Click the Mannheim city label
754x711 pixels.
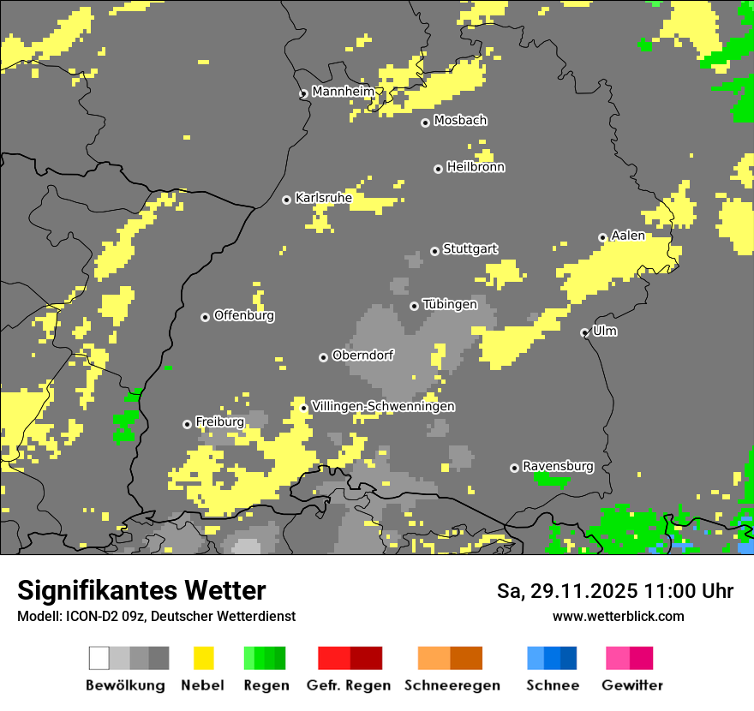coord(343,92)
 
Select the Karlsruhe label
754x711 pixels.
coord(323,198)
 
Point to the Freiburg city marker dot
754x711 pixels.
coord(187,424)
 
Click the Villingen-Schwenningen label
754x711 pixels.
coord(383,406)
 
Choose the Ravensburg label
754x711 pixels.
coord(558,466)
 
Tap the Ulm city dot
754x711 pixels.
coord(584,332)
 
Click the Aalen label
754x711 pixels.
coord(627,236)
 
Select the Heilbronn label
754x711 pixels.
coord(476,167)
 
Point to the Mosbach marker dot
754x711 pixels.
coord(425,122)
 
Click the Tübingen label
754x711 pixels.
coord(450,304)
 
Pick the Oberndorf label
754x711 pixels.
coord(362,355)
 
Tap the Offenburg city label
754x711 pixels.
coord(243,315)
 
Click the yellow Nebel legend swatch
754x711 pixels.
coord(204,658)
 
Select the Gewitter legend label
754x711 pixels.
coord(631,685)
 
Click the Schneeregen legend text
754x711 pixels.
coord(452,685)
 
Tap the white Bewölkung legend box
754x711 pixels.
coord(99,658)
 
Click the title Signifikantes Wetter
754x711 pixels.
coord(141,590)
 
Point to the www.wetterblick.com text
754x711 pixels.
coord(618,616)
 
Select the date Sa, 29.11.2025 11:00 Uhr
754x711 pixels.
coord(614,591)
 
